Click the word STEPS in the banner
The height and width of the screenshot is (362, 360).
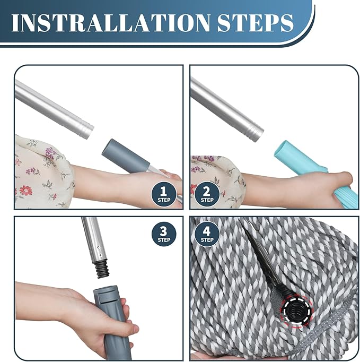(x=256, y=23)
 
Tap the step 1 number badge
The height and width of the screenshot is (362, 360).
(x=163, y=194)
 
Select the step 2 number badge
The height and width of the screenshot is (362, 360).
(x=207, y=194)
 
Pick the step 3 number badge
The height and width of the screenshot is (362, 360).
(x=164, y=234)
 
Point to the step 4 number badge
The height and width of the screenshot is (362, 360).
(x=207, y=234)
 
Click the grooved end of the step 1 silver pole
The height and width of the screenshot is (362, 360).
(x=87, y=131)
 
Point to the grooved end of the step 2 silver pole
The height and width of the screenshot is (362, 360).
(x=257, y=133)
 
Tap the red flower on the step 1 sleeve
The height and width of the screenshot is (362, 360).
(x=25, y=190)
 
